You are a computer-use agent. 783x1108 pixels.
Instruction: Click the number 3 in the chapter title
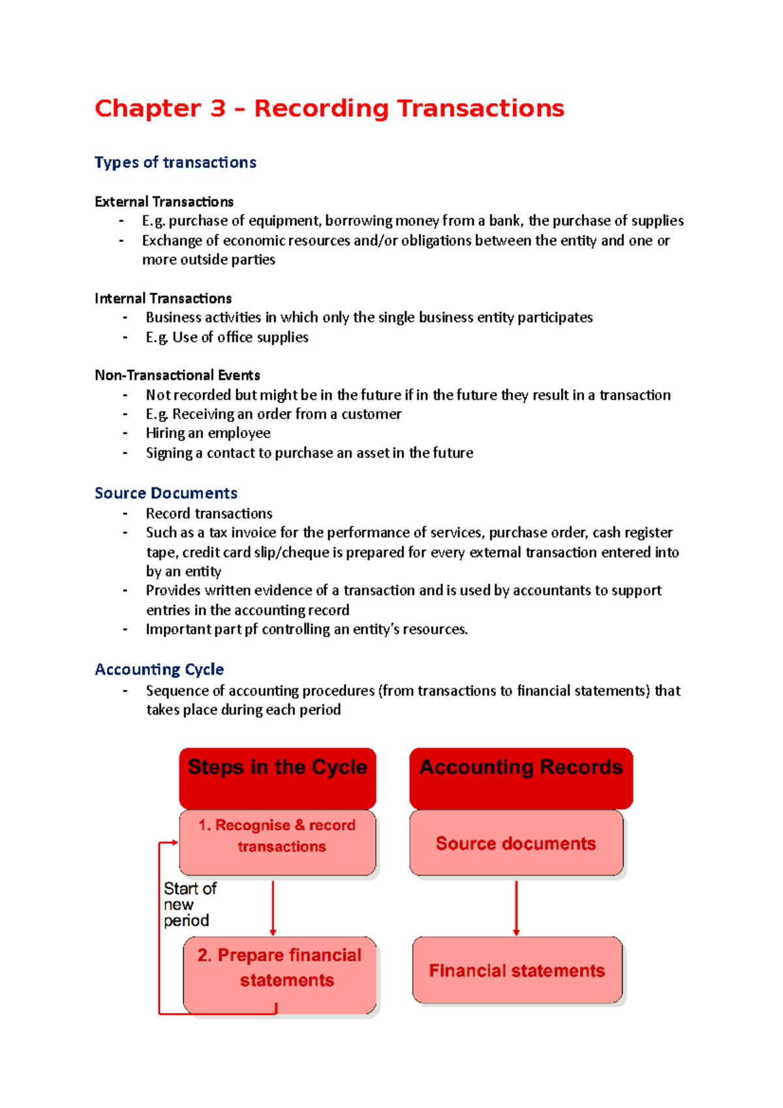[218, 108]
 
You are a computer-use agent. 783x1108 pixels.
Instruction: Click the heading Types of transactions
[175, 162]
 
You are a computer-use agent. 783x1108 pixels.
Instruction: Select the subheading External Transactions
[164, 202]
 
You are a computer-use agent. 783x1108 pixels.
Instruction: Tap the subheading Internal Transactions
[163, 298]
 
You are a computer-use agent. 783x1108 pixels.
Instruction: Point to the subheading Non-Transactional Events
[177, 375]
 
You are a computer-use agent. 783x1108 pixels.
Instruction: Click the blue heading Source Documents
[166, 493]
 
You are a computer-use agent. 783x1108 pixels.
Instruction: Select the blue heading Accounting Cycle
[159, 669]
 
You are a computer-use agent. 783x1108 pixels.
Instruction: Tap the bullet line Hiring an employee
[207, 433]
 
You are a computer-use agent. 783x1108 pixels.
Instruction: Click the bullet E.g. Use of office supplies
[226, 337]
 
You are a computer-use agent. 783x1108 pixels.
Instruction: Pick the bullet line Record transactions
[209, 514]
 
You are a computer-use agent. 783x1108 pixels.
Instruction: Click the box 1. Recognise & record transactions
[277, 842]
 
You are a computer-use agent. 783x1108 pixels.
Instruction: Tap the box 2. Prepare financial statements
[279, 974]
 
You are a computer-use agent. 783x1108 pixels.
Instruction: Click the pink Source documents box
[515, 843]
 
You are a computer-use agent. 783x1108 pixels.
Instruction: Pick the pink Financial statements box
[517, 970]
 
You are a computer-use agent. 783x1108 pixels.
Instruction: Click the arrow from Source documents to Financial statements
[516, 907]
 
